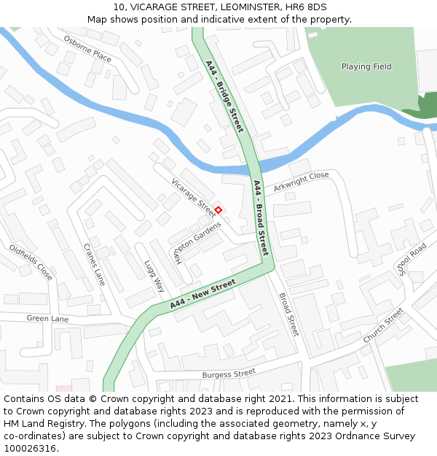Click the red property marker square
tap(218, 210)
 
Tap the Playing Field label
tap(366, 66)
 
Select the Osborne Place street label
tap(87, 48)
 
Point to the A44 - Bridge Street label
tap(224, 96)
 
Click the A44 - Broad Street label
tap(261, 218)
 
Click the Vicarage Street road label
tap(193, 196)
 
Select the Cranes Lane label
tap(94, 263)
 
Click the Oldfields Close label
tap(31, 262)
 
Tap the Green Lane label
tap(47, 319)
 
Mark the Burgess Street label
tap(229, 374)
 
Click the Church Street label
tap(383, 325)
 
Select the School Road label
tap(412, 260)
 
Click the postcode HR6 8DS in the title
tap(308, 7)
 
